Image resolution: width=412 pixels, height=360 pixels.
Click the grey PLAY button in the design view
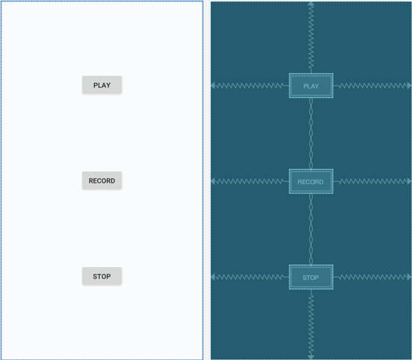tap(102, 85)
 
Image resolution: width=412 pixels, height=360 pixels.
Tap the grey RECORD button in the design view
tap(102, 180)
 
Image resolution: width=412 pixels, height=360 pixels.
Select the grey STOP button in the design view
tap(102, 276)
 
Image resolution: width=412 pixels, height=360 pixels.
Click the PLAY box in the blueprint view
tap(311, 86)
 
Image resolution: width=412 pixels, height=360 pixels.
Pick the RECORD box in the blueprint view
tap(311, 181)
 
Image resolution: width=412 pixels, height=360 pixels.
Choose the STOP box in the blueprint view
tap(311, 277)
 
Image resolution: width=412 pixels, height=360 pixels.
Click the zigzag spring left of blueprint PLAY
tap(250, 86)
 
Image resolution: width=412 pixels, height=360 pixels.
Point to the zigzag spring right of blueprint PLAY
tap(372, 86)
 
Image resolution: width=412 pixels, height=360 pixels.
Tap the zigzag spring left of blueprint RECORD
tap(250, 181)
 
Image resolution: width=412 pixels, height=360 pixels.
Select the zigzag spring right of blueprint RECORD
tap(372, 181)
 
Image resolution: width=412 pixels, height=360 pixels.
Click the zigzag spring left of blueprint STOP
tap(250, 277)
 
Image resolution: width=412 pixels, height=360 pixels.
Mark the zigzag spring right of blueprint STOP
tap(372, 277)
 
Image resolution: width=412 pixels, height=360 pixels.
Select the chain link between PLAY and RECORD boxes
tap(311, 133)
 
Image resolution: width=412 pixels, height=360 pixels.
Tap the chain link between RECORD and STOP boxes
tap(311, 229)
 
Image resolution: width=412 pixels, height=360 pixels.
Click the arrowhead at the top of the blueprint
tap(311, 4)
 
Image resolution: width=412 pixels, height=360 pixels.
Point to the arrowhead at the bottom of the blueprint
tap(311, 357)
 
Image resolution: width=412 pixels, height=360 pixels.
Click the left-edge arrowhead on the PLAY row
tap(213, 86)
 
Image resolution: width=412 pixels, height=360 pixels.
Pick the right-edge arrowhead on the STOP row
tap(409, 277)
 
